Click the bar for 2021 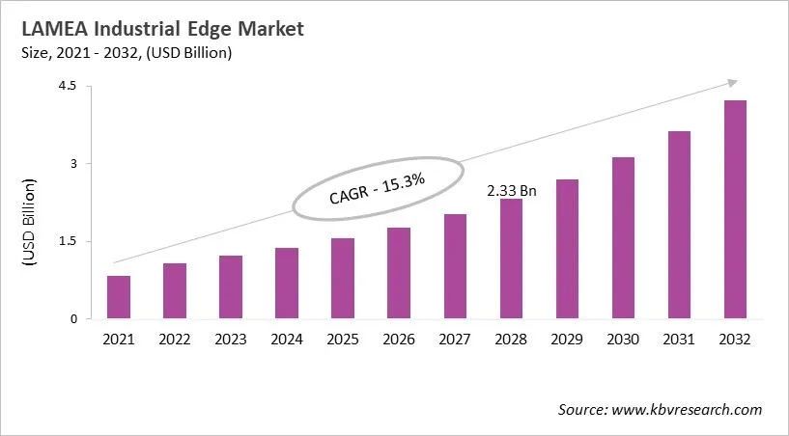click(x=118, y=297)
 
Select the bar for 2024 click(x=287, y=284)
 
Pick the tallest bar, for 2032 click(x=735, y=209)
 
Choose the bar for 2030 click(x=623, y=237)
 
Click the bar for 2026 click(x=399, y=273)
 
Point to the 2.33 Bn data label click(x=513, y=191)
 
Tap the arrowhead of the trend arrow click(x=732, y=83)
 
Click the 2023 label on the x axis click(x=231, y=340)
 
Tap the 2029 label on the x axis click(x=567, y=340)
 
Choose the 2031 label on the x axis click(x=679, y=340)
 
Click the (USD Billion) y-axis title click(x=30, y=223)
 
